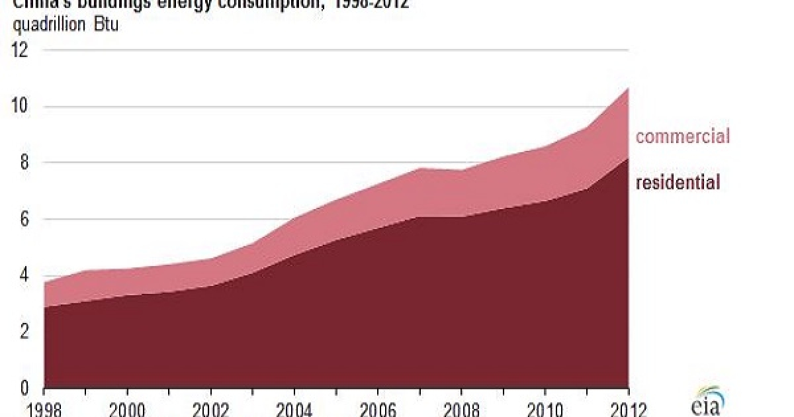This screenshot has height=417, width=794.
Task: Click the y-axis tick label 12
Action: (21, 50)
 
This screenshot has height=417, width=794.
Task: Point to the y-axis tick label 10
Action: (21, 107)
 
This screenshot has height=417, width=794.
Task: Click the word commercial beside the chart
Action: (682, 137)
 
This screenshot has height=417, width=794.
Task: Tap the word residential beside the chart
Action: (678, 182)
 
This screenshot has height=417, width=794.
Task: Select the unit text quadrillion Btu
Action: (66, 27)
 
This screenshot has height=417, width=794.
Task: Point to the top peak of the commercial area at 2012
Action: (627, 88)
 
